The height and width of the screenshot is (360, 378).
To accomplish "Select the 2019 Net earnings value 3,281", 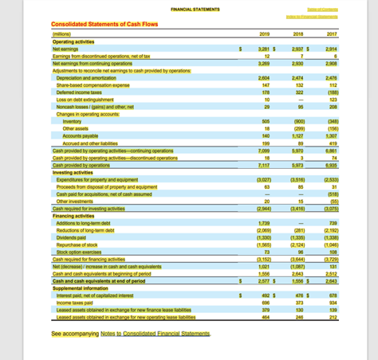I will [x=266, y=49].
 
